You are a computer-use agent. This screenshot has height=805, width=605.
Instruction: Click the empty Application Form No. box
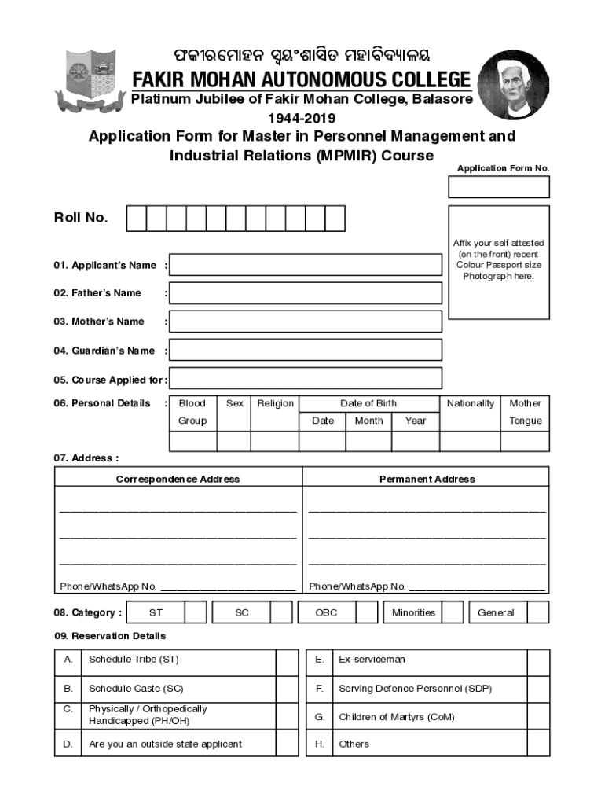pos(499,187)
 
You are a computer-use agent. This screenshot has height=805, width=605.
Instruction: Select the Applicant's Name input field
pos(306,265)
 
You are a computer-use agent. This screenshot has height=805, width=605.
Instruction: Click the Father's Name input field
pos(306,293)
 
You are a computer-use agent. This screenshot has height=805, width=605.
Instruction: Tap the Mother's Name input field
pos(306,322)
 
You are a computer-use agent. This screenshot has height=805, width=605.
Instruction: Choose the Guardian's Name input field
pos(306,351)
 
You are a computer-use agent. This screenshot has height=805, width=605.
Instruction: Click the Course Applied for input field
pos(306,380)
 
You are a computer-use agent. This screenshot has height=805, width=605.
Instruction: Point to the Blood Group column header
pos(192,412)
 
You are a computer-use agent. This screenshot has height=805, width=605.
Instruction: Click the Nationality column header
pos(471,403)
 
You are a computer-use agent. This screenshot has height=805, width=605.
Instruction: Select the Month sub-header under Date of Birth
pos(368,421)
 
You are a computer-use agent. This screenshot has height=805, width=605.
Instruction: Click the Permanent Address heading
pos(427,479)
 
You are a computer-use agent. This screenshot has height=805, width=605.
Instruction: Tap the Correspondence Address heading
pos(178,479)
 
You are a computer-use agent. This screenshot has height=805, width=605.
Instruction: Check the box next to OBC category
pos(367,612)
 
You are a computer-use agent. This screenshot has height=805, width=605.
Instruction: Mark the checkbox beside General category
pos(538,612)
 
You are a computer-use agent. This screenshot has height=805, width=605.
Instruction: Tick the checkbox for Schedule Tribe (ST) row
pos(287,660)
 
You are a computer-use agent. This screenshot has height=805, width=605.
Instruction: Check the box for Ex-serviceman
pos(538,660)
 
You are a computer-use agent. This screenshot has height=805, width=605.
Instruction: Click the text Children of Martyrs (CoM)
pos(396,717)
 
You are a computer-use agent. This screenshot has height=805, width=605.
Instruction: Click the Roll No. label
pos(81,218)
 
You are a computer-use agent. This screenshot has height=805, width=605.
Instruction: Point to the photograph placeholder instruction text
pos(499,260)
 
